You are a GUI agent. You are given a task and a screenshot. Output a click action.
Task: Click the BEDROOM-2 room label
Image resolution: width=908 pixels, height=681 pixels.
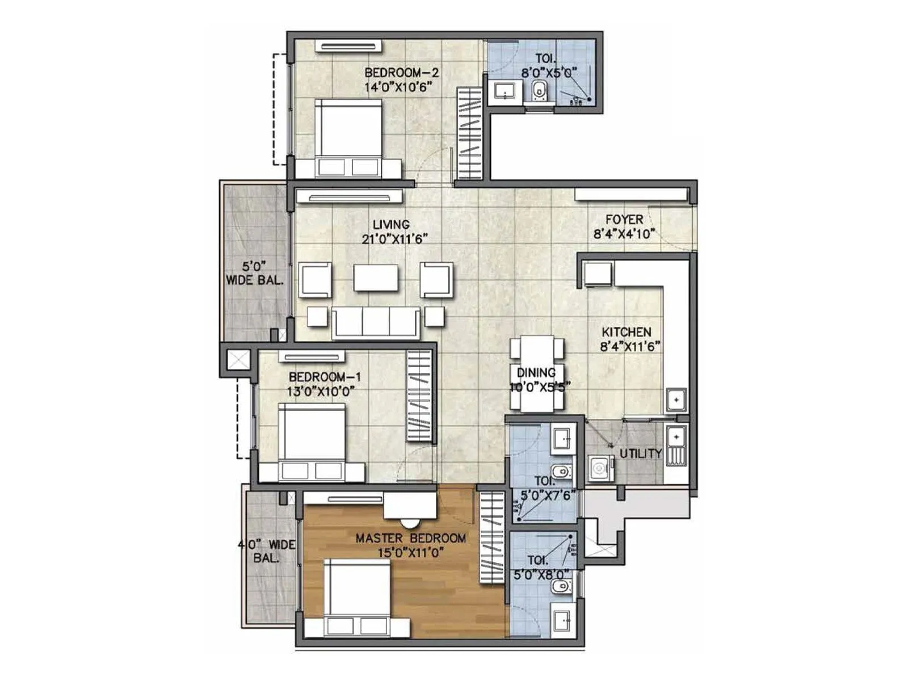pos(401,73)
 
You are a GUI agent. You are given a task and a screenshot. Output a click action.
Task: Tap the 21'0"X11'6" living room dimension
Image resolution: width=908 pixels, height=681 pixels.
pos(394,239)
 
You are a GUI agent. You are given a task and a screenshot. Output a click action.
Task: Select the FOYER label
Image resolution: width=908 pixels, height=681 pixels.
pos(624,220)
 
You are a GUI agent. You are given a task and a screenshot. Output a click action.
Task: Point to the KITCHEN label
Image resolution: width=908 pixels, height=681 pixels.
pos(627,332)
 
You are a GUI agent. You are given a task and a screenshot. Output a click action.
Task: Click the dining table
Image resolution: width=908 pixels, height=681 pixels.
pos(537,373)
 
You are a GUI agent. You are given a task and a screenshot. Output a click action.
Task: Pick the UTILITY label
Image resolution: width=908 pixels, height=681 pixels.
pos(641,453)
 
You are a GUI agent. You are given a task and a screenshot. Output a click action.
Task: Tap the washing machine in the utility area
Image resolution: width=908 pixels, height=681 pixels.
pos(599,468)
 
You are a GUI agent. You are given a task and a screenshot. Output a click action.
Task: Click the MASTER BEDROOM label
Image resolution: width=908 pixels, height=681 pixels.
pos(410,538)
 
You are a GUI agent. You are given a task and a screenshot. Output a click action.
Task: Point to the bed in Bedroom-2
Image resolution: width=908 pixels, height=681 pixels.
pos(348,136)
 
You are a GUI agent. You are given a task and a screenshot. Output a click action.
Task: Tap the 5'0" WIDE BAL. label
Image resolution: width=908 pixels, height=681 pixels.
pos(254,273)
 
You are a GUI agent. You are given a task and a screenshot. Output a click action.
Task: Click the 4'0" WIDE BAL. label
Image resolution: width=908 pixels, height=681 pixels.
pos(267,551)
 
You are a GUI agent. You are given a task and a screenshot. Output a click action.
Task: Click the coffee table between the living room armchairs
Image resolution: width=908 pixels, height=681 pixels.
pos(376,278)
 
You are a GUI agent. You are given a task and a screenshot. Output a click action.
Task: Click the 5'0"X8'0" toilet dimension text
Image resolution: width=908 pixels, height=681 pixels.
pos(541,575)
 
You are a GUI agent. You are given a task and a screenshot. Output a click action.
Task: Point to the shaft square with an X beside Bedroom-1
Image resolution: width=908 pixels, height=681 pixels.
pos(237,360)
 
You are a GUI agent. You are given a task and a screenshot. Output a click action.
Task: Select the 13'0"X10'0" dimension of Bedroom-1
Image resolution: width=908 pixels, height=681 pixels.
pos(321,391)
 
